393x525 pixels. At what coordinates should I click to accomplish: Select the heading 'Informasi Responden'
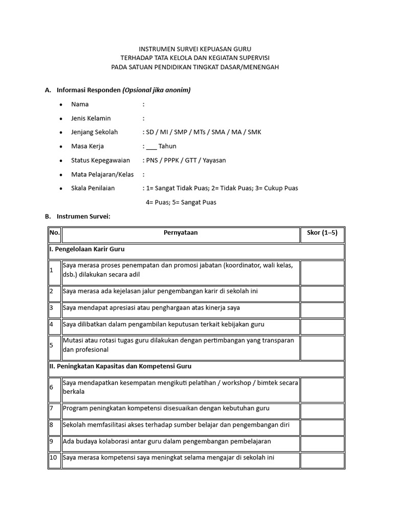tap(89, 90)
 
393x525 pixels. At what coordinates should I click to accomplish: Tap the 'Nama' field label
tap(80, 104)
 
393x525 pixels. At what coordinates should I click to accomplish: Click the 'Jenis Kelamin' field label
tap(91, 118)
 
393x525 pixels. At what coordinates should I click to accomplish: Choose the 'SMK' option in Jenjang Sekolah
tap(254, 132)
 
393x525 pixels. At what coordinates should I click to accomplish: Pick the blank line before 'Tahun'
tap(151, 146)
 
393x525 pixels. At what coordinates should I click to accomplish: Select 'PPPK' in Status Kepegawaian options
tap(174, 160)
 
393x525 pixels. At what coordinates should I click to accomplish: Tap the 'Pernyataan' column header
tap(180, 233)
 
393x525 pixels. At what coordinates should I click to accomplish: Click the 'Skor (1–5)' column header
tap(322, 233)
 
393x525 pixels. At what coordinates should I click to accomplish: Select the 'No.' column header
tap(54, 233)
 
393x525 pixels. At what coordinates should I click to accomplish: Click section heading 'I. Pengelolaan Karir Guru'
tap(87, 249)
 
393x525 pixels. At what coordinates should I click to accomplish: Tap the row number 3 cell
tap(54, 308)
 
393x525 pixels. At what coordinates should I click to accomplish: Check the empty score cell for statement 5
tap(322, 345)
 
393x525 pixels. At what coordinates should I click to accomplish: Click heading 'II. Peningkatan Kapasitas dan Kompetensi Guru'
tap(120, 367)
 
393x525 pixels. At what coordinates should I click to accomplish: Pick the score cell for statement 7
tap(322, 408)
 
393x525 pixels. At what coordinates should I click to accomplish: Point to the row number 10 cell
tap(54, 457)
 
